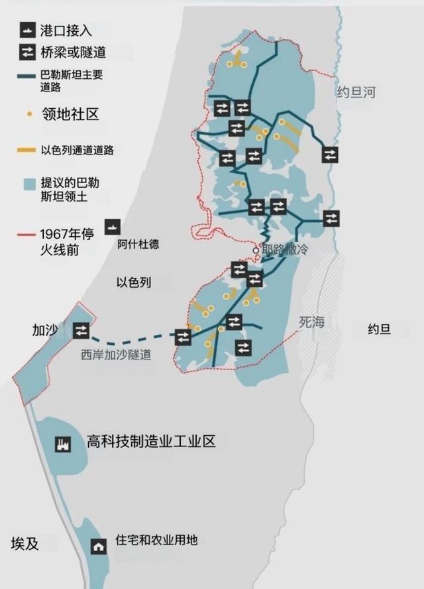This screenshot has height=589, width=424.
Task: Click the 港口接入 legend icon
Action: pyautogui.click(x=27, y=29)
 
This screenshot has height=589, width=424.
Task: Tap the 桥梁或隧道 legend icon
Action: pyautogui.click(x=27, y=51)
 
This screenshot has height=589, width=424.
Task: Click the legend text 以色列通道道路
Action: pyautogui.click(x=77, y=150)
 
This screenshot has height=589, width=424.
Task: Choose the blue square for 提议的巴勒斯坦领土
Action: pyautogui.click(x=28, y=183)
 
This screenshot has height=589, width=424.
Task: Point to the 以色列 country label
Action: pyautogui.click(x=134, y=283)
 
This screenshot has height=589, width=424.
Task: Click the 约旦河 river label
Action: pyautogui.click(x=356, y=92)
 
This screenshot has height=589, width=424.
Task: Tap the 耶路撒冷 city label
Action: pyautogui.click(x=286, y=250)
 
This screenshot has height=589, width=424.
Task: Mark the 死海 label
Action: pyautogui.click(x=312, y=322)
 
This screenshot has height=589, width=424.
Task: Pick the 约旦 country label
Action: pyautogui.click(x=379, y=329)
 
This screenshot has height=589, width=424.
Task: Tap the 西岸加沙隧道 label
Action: pyautogui.click(x=116, y=355)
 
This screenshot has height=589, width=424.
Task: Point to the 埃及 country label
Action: pyautogui.click(x=25, y=544)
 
